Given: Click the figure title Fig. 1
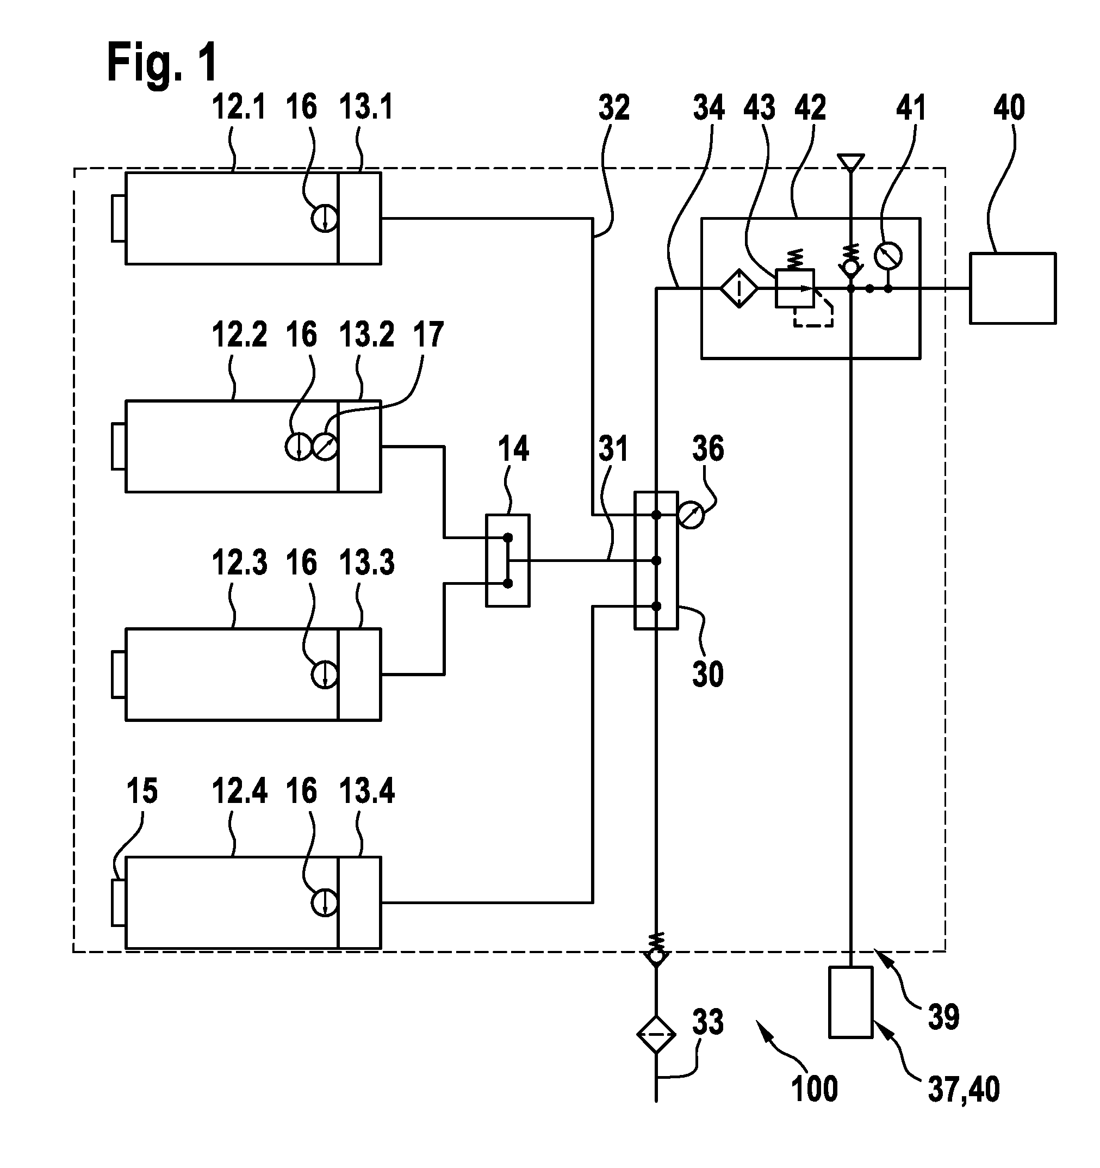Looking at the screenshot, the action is coord(162,63).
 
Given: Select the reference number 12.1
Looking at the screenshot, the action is coord(239,108).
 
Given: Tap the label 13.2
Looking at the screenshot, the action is coord(366,335).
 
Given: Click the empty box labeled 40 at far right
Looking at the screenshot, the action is coord(1012,288).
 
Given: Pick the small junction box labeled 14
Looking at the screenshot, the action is coord(508,560).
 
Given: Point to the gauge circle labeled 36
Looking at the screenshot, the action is coord(691,516).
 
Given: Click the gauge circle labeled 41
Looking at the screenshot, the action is coord(888,256).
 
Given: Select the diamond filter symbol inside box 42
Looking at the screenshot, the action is coord(739,288).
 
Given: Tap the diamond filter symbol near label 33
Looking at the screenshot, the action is coord(656,1035).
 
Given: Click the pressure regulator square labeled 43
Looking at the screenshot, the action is coord(794,288).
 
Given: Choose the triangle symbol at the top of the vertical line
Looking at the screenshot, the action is coord(851,162).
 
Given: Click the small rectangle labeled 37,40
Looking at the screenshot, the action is coord(850,1002).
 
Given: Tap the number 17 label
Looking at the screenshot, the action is coord(428,335).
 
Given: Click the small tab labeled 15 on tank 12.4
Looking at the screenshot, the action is coord(119,903).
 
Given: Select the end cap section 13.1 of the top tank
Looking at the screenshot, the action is coord(359,218).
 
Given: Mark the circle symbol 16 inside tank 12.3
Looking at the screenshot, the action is coord(324,675).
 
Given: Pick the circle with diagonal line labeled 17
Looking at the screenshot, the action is coord(325,447).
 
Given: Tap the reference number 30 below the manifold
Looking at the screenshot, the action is coord(708,675).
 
